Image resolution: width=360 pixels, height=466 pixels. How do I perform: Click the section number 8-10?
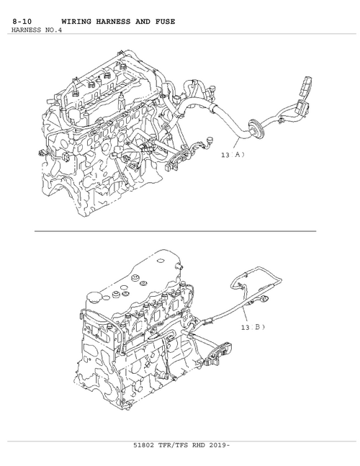click(x=22, y=22)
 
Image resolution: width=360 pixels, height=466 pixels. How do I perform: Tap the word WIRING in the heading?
click(x=76, y=22)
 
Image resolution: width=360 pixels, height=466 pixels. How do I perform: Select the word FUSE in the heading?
click(x=165, y=22)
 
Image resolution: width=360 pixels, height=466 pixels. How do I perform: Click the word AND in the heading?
click(x=143, y=22)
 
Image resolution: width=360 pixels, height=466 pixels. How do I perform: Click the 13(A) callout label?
click(x=233, y=155)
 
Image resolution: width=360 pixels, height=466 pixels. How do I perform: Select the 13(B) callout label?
click(x=253, y=327)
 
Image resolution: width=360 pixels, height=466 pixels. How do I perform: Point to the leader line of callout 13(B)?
click(x=246, y=315)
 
